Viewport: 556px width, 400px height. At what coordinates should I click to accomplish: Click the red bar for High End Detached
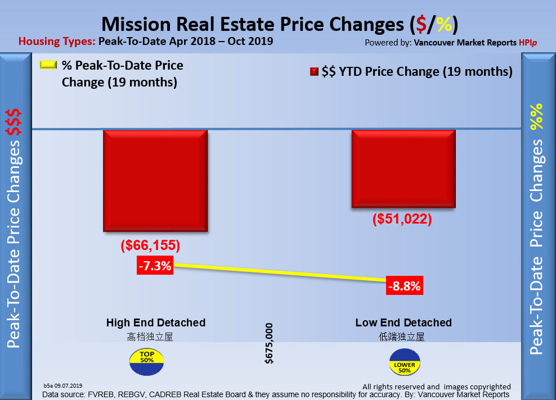coord(155,181)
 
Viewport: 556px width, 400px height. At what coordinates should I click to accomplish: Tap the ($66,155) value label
coord(150,246)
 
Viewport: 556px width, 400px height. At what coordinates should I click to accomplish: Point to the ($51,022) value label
coord(402,220)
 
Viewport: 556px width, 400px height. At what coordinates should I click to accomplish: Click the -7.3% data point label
coord(154,266)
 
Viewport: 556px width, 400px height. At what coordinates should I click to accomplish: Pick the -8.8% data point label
coord(404,287)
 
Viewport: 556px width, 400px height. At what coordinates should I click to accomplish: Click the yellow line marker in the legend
coord(48,65)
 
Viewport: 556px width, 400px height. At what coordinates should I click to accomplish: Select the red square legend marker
coord(313,72)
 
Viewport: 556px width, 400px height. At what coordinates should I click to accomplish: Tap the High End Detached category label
coord(156,322)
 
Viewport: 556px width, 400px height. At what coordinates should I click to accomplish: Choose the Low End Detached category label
coord(403,322)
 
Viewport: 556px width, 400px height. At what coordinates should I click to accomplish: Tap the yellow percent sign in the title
coord(443,24)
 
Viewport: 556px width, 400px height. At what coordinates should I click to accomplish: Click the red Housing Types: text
coord(57,41)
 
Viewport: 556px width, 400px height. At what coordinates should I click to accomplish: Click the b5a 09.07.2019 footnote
coord(63,385)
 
